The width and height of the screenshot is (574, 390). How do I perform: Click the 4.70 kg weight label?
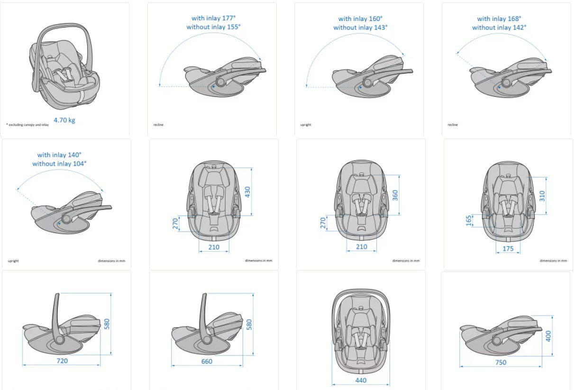coord(64,120)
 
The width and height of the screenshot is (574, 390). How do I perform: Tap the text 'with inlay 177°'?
coord(213,18)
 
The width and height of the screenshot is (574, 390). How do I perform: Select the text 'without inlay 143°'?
coord(360,28)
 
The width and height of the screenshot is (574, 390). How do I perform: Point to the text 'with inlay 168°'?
coord(499,19)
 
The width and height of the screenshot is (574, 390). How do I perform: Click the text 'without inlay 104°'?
coord(59,164)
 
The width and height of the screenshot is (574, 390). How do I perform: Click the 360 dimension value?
coord(395,195)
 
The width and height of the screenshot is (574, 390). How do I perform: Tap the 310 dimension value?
coord(542,195)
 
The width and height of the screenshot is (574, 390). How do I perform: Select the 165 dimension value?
coord(469,221)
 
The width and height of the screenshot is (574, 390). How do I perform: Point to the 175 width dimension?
coord(508,249)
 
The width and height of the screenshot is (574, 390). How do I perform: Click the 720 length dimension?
coord(62,361)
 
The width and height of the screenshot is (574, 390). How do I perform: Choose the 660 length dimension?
coord(207,362)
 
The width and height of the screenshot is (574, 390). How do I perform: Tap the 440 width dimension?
coord(361,380)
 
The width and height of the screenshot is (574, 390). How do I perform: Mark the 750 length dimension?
coord(501,362)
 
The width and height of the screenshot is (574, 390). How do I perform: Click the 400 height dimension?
coord(548,336)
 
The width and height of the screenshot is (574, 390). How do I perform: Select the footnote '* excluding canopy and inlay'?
coord(27,124)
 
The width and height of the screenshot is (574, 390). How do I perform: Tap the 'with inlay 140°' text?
coord(59,155)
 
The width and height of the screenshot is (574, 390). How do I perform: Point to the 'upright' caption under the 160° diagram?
coord(306,125)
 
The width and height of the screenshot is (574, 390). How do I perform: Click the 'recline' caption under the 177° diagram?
coord(158,125)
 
